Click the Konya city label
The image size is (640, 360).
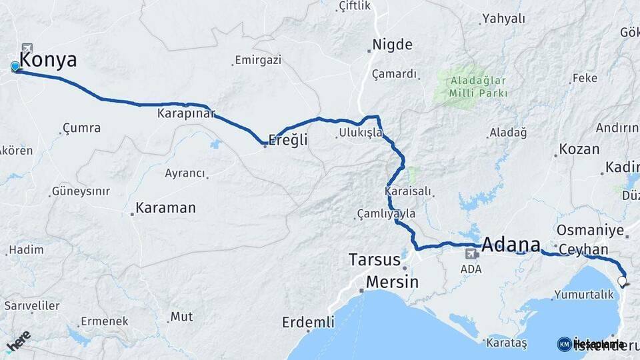coord(48,60)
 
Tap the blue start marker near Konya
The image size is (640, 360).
coord(15,66)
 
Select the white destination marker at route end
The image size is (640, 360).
coord(623,281)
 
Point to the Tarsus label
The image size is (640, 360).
coord(375,259)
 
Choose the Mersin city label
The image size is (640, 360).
coord(393,282)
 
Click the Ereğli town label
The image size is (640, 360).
coord(287,140)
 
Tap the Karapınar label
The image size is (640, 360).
coord(185,114)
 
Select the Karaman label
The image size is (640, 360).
coord(165,208)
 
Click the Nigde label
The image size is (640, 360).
coord(392,45)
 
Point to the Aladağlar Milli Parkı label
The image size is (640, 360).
coord(478,87)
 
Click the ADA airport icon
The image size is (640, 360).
coord(471,254)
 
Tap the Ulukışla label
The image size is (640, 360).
coord(361,133)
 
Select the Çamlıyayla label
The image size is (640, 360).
coord(387,214)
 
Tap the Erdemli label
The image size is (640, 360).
coord(308,323)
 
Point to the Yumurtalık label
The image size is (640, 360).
coord(583,294)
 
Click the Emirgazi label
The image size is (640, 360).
coord(259,60)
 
